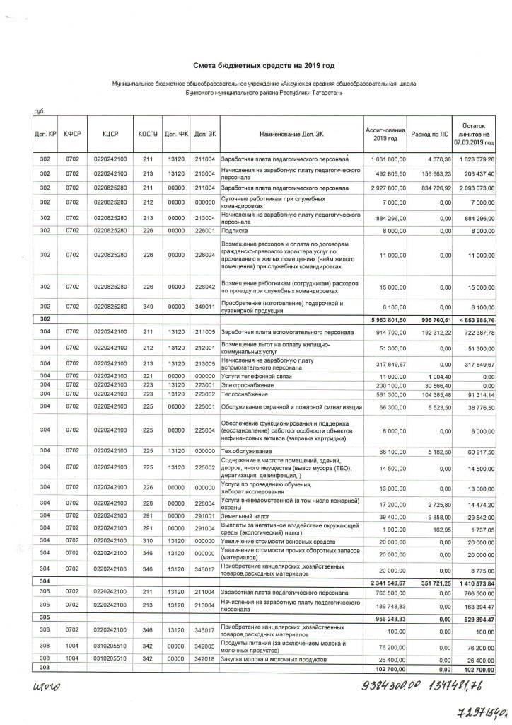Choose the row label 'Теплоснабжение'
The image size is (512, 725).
click(x=242, y=394)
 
